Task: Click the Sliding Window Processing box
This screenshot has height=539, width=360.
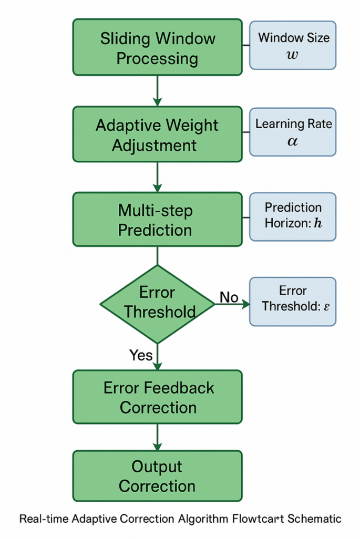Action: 157,48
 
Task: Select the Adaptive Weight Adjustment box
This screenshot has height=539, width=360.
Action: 157,134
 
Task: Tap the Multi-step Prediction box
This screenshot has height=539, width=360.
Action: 157,220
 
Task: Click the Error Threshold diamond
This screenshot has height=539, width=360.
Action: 157,304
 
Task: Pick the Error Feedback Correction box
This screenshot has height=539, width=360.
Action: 157,397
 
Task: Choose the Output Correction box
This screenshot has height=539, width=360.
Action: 157,476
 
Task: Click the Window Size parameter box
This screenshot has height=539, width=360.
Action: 292,46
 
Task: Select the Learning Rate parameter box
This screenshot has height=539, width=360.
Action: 292,132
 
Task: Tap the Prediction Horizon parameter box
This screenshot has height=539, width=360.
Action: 292,217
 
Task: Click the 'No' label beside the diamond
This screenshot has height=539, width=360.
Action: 229,298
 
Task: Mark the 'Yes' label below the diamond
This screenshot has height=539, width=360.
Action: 141,356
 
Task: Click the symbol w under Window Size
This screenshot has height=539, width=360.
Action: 293,55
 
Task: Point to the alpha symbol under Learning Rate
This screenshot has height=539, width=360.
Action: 293,141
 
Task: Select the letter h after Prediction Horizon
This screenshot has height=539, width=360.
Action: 317,223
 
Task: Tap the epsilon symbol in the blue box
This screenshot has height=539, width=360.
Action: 326,306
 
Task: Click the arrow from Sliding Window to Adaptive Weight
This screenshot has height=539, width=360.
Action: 157,91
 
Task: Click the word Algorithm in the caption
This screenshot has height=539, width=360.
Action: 203,519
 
